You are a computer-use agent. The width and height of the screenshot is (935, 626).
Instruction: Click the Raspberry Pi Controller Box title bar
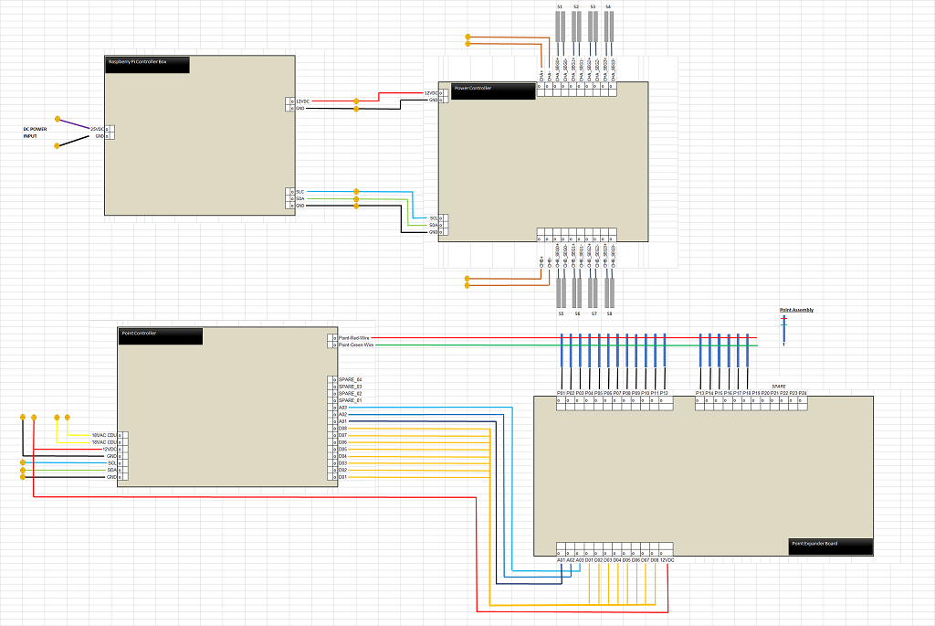coord(147,64)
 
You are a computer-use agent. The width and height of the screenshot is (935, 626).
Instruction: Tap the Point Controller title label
coord(160,335)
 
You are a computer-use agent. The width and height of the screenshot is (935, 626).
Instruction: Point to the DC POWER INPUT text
coord(36,133)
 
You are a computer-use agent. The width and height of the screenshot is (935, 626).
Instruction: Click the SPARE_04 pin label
coord(350,379)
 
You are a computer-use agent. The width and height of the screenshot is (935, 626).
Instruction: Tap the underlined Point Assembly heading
coord(796,310)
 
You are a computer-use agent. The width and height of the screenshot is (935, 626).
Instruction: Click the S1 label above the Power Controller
coord(559,6)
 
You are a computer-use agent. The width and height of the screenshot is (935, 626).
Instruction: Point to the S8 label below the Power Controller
coord(610,313)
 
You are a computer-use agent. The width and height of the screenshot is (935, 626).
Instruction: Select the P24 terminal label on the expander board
coord(802,393)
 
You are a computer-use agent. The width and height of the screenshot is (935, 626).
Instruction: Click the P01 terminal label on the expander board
coord(561,393)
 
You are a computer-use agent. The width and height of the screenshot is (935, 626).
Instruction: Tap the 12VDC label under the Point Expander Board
coord(667,559)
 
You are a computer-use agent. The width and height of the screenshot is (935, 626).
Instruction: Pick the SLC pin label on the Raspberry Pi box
coord(299,192)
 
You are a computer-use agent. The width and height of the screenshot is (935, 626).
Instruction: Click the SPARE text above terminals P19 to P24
coord(778,386)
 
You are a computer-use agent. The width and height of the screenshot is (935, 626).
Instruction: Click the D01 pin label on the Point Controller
coord(342,477)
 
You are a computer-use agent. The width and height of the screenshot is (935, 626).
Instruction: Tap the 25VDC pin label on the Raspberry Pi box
coord(97,129)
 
